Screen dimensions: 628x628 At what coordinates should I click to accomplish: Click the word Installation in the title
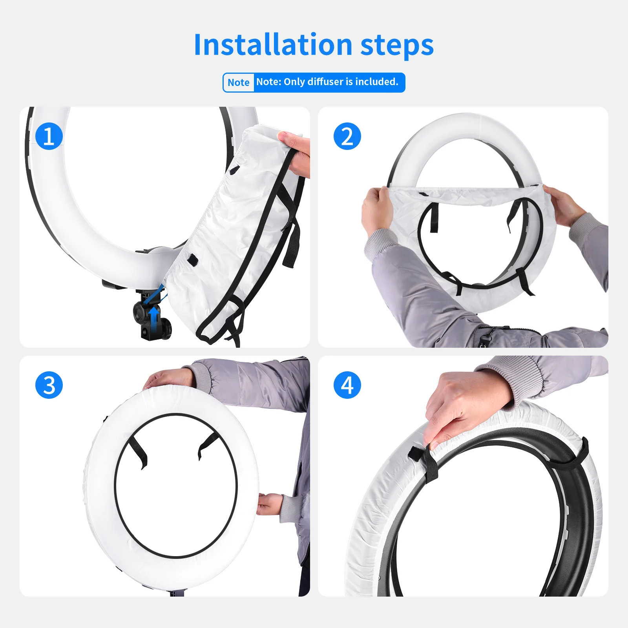[x=273, y=44]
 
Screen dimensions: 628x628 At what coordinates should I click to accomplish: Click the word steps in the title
[x=397, y=46]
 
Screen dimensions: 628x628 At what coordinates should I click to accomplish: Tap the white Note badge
[x=239, y=82]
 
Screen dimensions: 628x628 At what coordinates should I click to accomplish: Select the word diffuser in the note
[x=325, y=82]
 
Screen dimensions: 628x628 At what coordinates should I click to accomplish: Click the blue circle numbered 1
[x=49, y=136]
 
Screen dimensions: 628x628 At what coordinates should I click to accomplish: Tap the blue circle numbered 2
[x=347, y=136]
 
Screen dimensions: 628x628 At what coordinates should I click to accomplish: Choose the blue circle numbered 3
[x=49, y=385]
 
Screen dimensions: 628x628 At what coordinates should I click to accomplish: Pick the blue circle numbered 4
[x=347, y=385]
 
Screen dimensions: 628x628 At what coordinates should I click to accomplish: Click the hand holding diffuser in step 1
[x=297, y=153]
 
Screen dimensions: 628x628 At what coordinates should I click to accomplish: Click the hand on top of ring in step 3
[x=169, y=379]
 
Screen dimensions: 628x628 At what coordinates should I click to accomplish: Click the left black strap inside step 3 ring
[x=138, y=451]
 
